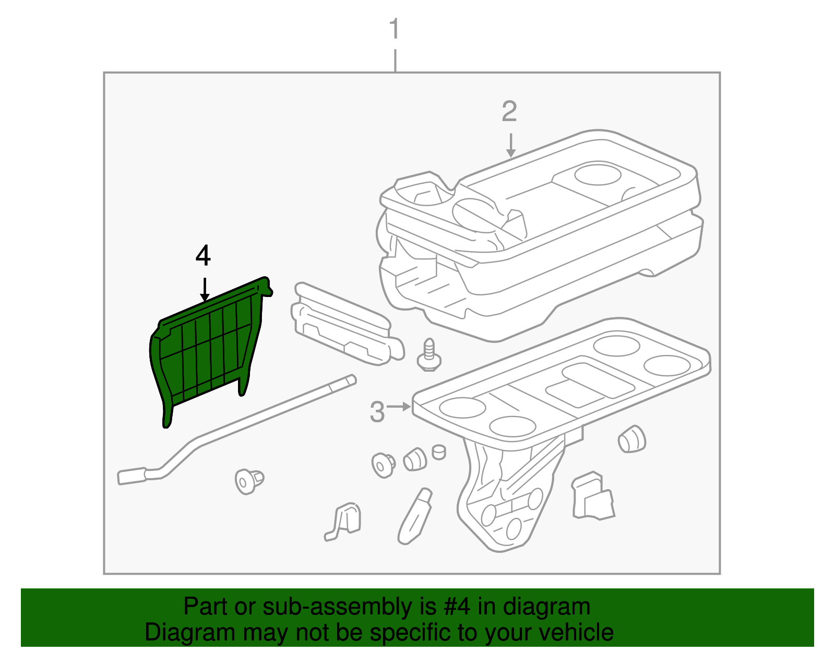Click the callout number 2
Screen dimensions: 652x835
[509, 112]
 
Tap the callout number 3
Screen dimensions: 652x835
[377, 412]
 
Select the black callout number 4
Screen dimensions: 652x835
[203, 256]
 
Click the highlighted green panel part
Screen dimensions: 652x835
[209, 350]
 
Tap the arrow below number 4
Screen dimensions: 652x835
[205, 290]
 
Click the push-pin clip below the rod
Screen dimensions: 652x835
[248, 481]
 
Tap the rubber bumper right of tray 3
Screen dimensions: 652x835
[631, 439]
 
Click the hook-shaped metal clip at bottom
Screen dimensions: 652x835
[344, 521]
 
